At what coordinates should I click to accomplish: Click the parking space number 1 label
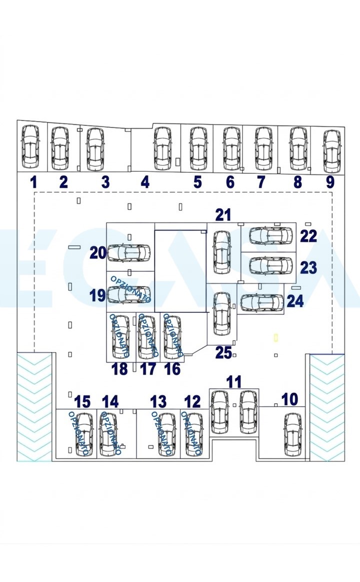[34, 182]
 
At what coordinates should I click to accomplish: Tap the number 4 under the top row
[145, 182]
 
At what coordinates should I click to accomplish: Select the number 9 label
[330, 182]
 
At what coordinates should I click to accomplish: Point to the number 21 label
[223, 215]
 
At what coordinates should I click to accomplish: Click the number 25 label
[223, 353]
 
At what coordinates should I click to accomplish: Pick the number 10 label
[290, 399]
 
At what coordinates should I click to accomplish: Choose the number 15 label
[82, 402]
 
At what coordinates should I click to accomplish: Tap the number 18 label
[119, 369]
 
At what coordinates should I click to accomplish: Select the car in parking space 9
[332, 151]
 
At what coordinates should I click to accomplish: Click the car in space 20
[128, 253]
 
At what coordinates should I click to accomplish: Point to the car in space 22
[271, 235]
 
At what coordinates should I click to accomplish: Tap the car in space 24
[262, 303]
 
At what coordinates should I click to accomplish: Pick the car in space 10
[293, 435]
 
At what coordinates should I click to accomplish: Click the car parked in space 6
[232, 149]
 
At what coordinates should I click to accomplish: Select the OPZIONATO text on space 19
[131, 289]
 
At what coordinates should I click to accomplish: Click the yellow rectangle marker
[276, 337]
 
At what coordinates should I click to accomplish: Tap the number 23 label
[308, 268]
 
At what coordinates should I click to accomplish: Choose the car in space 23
[271, 265]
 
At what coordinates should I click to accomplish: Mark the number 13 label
[158, 402]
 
